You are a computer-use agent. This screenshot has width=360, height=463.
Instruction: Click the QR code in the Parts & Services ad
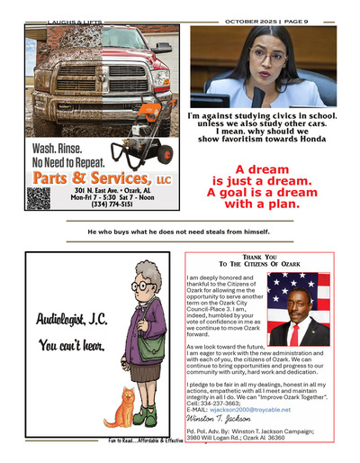pyautogui.click(x=38, y=197)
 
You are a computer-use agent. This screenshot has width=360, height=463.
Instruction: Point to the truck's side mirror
pyautogui.click(x=161, y=48)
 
